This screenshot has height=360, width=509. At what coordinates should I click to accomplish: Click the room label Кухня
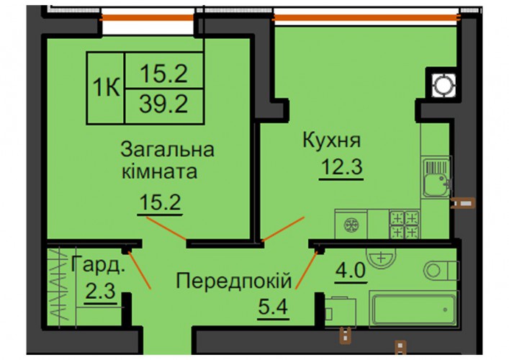(331, 140)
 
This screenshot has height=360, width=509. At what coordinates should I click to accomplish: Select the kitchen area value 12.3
(341, 168)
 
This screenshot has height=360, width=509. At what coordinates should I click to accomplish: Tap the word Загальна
(167, 150)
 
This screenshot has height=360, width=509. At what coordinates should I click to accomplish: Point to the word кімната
(159, 171)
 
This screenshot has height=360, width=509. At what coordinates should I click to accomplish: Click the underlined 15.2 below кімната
(160, 202)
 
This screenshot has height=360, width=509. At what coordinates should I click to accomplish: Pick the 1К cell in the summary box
(106, 88)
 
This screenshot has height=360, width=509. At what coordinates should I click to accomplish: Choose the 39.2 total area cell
(164, 104)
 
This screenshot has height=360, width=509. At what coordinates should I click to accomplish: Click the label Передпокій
(234, 281)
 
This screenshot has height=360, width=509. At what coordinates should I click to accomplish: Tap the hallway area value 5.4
(273, 307)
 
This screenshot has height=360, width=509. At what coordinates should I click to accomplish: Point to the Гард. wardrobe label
(98, 264)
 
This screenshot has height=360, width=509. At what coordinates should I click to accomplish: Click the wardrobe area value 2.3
(101, 291)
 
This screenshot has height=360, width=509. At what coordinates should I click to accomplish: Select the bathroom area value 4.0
(351, 270)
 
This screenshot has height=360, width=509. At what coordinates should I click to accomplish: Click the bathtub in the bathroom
(413, 310)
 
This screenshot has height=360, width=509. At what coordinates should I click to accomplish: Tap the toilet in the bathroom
(441, 271)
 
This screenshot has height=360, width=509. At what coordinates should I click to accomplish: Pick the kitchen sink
(437, 177)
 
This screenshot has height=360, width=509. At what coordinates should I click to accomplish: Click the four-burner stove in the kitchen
(404, 225)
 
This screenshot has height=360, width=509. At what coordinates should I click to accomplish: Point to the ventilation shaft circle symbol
(443, 86)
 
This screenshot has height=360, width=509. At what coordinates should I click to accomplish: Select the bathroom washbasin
(381, 258)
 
